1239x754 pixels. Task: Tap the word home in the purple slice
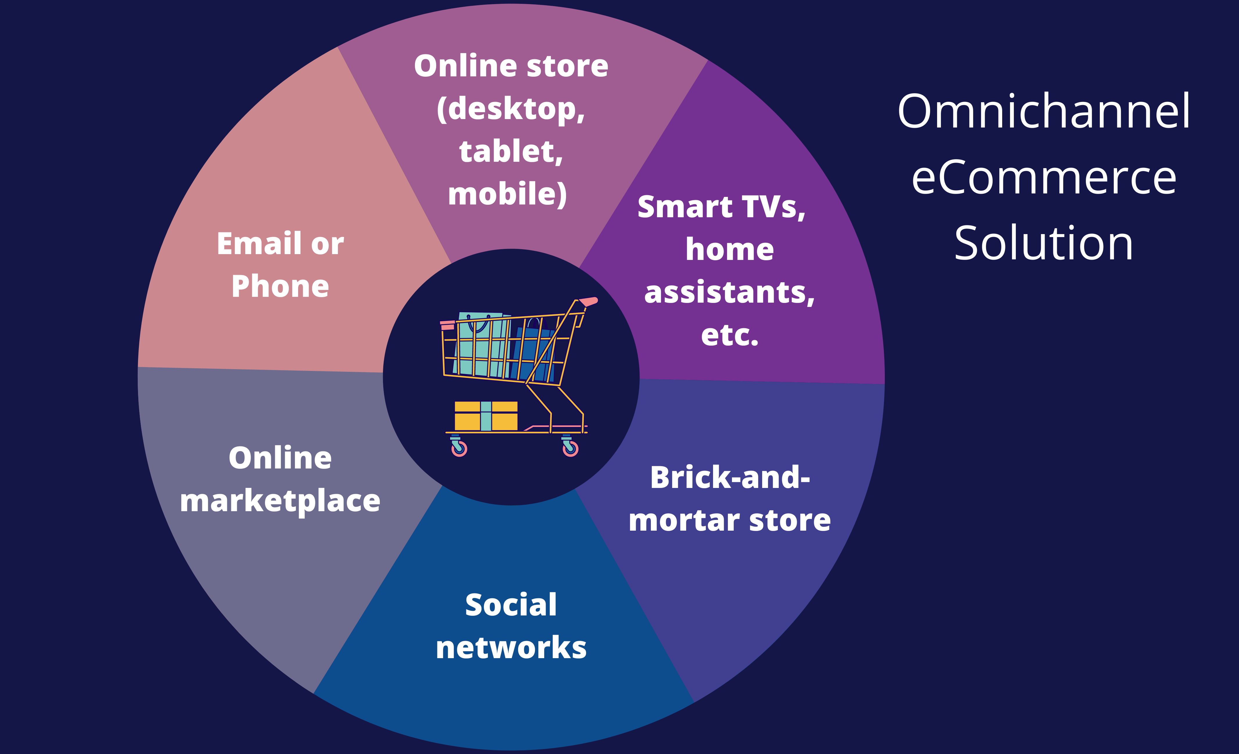tap(730, 250)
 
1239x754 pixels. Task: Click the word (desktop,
tap(511, 109)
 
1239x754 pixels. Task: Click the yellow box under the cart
tap(486, 416)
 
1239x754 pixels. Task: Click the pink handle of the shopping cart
tap(588, 301)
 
